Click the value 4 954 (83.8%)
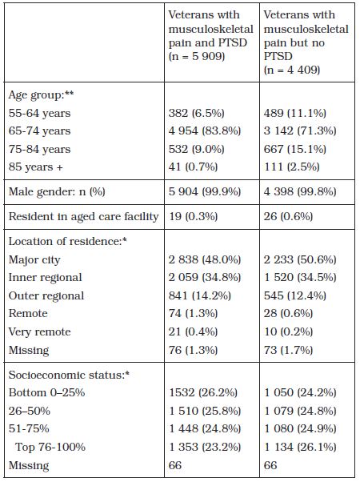(205, 131)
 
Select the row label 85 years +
(36, 167)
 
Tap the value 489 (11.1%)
(295, 113)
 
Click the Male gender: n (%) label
(57, 192)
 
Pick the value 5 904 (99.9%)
(205, 192)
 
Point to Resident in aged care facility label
(83, 216)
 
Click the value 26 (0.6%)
(288, 216)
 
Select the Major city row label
(34, 260)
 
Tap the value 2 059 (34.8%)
(205, 278)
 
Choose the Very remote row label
(40, 332)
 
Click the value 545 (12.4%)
(295, 295)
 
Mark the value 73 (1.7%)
(288, 350)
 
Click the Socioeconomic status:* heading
(69, 375)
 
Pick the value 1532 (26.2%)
(203, 392)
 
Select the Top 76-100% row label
(50, 447)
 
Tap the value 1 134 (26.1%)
(300, 447)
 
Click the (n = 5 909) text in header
(197, 57)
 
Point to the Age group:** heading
(41, 95)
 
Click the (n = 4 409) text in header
(292, 70)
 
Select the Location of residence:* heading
(68, 241)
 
